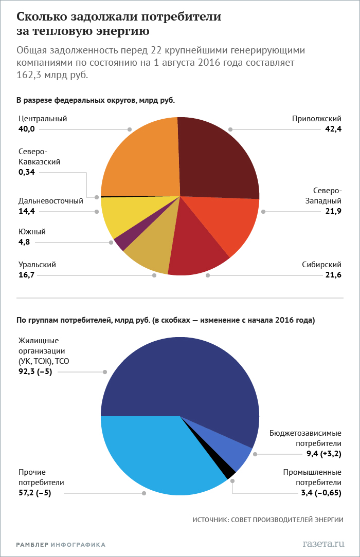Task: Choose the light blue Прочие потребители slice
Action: [x=154, y=452]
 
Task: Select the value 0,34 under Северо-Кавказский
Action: [x=27, y=172]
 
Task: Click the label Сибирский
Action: [x=322, y=265]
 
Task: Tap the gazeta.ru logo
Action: [x=322, y=543]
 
